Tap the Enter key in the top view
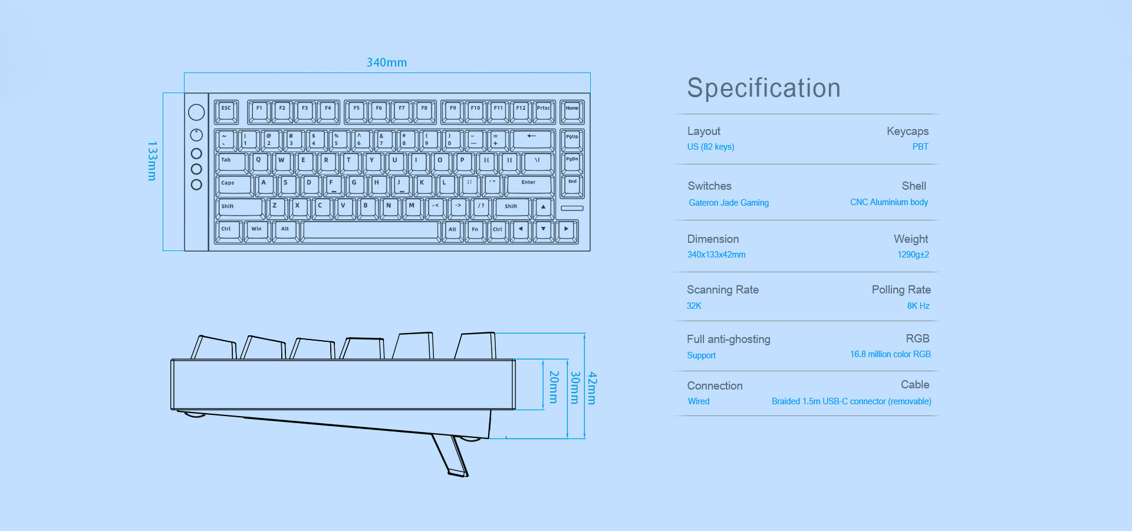coord(529,185)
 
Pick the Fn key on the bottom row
coord(475,231)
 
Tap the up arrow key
coord(543,208)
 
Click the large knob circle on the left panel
coord(196,112)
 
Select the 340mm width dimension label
coord(387,62)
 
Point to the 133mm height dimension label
coord(152,161)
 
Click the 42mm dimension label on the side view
coord(593,388)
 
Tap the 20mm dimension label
coord(554,387)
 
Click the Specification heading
coord(764,88)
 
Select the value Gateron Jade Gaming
coord(729,203)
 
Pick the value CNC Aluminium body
coord(889,202)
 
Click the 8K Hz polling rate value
coord(918,306)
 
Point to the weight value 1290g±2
coord(913,255)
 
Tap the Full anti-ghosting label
coord(729,339)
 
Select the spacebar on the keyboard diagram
coord(371,231)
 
